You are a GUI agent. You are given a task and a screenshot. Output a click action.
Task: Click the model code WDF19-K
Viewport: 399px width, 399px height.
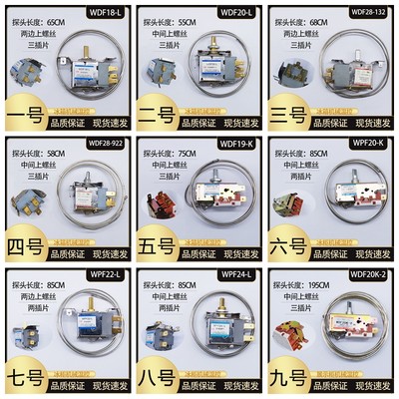pos(235,143)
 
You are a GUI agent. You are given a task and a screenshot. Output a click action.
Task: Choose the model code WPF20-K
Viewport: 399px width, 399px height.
pos(368,143)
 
